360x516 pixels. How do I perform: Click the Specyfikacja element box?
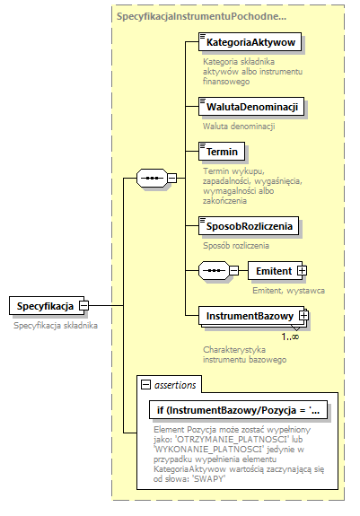pyautogui.click(x=46, y=307)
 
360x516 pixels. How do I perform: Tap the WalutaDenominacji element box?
pyautogui.click(x=250, y=107)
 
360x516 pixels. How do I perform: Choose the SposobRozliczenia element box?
pyautogui.click(x=250, y=225)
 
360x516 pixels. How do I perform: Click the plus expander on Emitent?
pyautogui.click(x=302, y=270)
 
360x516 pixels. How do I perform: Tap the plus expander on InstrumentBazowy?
pyautogui.click(x=304, y=315)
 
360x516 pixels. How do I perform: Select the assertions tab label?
pyautogui.click(x=175, y=385)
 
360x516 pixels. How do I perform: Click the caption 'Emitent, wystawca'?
pyautogui.click(x=288, y=290)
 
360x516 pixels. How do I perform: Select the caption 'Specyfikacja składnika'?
pyautogui.click(x=56, y=326)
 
